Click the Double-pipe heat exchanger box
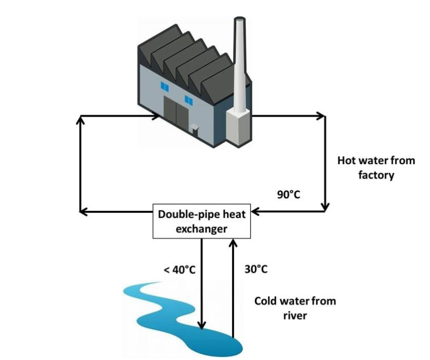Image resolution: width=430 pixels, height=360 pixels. [x=202, y=221]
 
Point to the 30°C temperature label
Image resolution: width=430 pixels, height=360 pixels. [x=256, y=269]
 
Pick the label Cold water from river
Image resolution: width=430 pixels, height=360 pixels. [x=295, y=308]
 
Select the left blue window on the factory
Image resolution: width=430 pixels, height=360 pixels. [x=165, y=87]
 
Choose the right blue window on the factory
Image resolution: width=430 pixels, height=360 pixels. [x=189, y=99]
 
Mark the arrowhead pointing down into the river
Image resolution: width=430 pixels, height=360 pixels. [x=202, y=325]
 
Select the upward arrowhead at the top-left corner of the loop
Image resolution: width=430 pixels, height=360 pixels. [x=80, y=119]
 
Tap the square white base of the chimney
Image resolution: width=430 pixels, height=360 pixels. [x=237, y=125]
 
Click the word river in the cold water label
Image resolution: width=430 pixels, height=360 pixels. [x=295, y=315]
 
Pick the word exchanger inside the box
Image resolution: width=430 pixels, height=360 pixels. [x=202, y=228]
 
